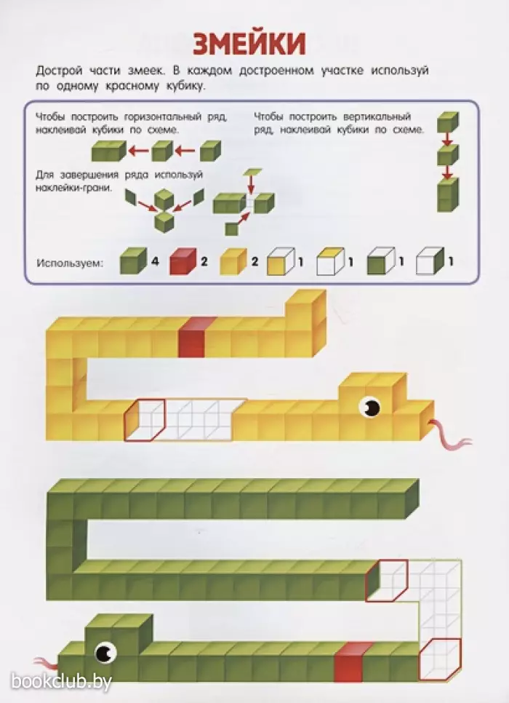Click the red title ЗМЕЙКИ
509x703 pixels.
pos(249,44)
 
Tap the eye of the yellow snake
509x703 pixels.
pos(371,407)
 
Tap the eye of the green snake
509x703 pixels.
pos(106,653)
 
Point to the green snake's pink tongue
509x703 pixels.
pos(47,663)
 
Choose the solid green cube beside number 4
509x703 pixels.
pos(133,261)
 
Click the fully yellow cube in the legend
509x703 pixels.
pos(233,261)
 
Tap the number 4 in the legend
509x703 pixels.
pos(155,261)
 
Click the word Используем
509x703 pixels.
pos(70,263)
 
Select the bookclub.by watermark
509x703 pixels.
pos(61,682)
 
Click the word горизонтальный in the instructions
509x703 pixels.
pos(163,117)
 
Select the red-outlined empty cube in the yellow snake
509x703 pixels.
pos(145,420)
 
